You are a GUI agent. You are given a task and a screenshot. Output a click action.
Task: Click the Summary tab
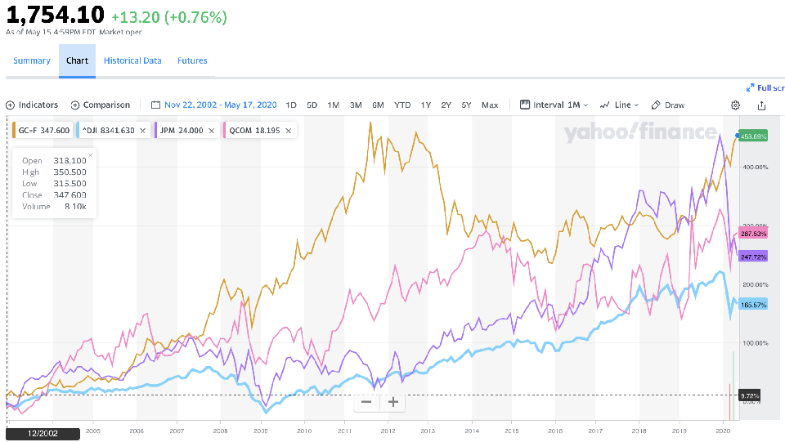point(32,60)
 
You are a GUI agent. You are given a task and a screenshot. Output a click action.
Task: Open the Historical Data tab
point(132,60)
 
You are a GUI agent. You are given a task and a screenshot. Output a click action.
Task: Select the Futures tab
point(192,60)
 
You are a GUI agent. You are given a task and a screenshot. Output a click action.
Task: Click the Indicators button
point(32,105)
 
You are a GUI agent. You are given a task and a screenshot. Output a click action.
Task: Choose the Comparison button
point(101,105)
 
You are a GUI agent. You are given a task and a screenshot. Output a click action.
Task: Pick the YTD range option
point(402,105)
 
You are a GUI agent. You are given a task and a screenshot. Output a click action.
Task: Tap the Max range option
point(490,105)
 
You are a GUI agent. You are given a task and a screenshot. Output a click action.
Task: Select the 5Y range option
point(466,105)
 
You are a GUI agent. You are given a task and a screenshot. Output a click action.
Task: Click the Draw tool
point(668,105)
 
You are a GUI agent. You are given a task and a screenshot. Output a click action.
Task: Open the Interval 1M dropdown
point(555,105)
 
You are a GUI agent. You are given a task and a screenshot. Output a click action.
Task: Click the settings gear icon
point(735,105)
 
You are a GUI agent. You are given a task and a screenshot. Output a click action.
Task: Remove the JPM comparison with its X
point(213,130)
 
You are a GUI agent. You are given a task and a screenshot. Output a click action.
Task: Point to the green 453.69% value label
point(753,136)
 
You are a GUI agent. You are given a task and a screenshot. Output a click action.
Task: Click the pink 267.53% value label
point(752,233)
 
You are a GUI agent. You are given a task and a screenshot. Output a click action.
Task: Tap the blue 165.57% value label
point(752,305)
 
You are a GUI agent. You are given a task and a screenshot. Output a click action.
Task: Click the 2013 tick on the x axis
point(428,431)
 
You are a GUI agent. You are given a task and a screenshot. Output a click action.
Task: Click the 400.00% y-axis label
point(754,167)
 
